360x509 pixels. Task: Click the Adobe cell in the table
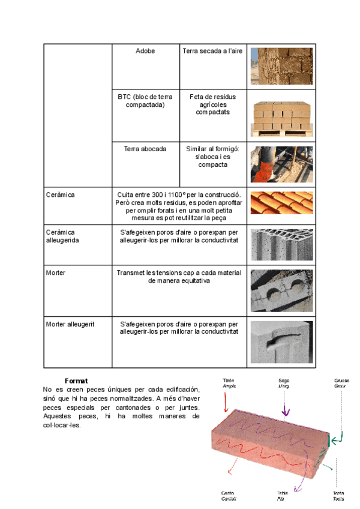(145, 52)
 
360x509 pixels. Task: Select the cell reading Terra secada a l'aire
(213, 52)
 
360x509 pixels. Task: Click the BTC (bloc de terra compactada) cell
(145, 100)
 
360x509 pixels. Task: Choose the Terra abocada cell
(145, 148)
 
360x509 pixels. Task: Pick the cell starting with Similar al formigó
(213, 156)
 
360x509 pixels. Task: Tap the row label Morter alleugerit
(69, 324)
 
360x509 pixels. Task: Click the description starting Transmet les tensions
(179, 277)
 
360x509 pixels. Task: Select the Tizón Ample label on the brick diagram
(229, 384)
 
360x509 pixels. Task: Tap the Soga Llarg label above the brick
(284, 384)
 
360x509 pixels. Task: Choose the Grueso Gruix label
(342, 384)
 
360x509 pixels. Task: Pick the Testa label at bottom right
(338, 496)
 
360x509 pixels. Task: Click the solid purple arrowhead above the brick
(287, 412)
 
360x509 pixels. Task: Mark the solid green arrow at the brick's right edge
(331, 441)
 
